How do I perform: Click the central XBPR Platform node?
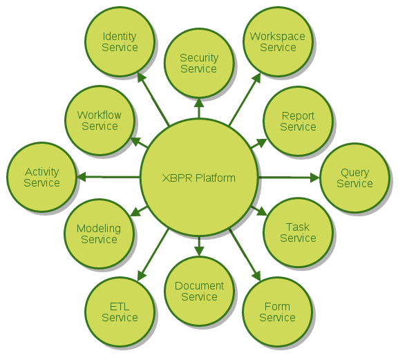(x=199, y=178)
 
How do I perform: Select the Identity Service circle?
(x=120, y=41)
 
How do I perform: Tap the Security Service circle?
(x=199, y=64)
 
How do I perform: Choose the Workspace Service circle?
(x=278, y=41)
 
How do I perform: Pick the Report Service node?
(x=298, y=121)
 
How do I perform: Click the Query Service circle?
(x=354, y=178)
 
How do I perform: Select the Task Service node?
(x=298, y=233)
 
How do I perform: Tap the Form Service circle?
(x=278, y=312)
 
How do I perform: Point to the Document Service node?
(x=199, y=291)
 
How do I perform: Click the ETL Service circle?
(x=120, y=312)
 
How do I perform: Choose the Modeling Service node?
(x=99, y=234)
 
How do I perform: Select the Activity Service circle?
(x=41, y=177)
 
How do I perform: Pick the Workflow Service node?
(x=100, y=121)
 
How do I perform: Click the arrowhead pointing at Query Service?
(x=315, y=178)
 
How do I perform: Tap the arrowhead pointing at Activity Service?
(x=82, y=177)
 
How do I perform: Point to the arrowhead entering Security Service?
(x=199, y=103)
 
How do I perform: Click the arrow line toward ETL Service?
(x=153, y=255)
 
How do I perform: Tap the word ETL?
(x=120, y=307)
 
